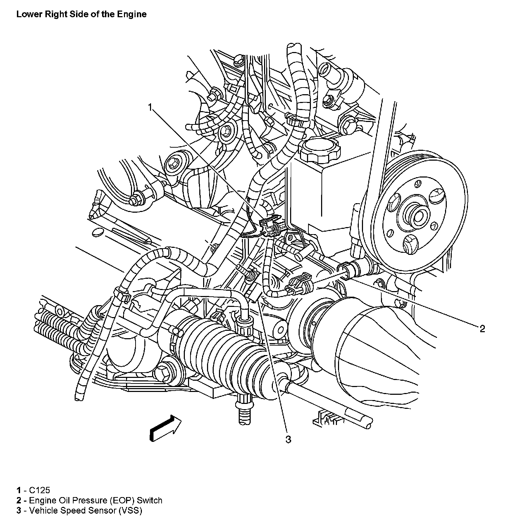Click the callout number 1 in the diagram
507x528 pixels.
pyautogui.click(x=150, y=107)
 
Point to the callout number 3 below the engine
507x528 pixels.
pyautogui.click(x=288, y=439)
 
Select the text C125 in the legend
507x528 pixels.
pyautogui.click(x=40, y=490)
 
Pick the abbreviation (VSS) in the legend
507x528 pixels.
pyautogui.click(x=130, y=510)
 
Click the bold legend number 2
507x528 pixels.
pyautogui.click(x=18, y=500)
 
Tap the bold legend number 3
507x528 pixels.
pyautogui.click(x=18, y=510)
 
